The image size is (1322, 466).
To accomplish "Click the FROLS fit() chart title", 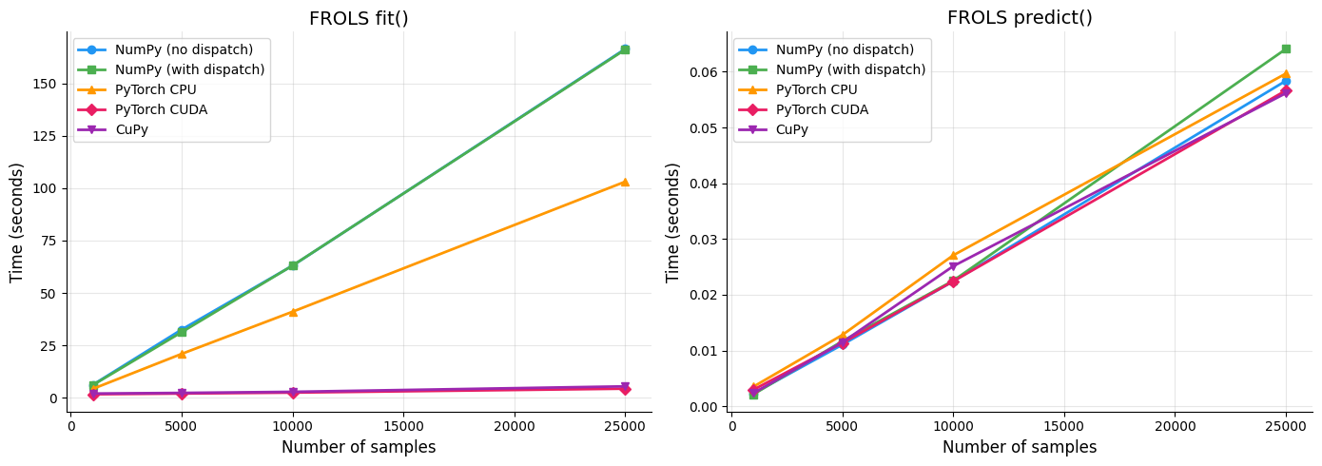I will click(x=359, y=18).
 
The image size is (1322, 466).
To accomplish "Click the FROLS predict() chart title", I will click(x=1020, y=18).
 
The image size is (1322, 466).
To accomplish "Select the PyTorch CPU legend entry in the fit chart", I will click(x=155, y=89).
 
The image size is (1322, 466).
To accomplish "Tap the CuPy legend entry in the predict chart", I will click(x=791, y=129).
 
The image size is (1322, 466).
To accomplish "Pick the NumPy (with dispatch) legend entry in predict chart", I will click(x=850, y=69).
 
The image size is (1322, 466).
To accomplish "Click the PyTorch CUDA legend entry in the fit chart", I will click(x=161, y=109).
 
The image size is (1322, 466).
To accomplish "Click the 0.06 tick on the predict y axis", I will click(x=703, y=72).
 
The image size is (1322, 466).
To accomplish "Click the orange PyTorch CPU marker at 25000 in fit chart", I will click(x=625, y=182).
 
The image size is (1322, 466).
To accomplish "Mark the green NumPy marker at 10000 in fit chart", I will click(x=293, y=265).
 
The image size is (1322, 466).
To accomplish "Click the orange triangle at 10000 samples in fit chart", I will click(x=293, y=312).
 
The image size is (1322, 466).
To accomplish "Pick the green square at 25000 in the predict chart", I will click(x=1286, y=49).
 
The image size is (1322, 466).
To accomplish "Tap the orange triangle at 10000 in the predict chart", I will click(x=953, y=256).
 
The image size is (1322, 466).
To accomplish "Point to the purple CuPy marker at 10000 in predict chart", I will click(x=953, y=267).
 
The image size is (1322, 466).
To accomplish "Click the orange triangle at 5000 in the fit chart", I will click(x=182, y=354).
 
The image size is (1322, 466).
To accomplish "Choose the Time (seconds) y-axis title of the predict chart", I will click(x=673, y=222).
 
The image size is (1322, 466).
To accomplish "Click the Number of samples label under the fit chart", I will click(x=359, y=447).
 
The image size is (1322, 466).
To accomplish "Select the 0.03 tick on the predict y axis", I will click(x=703, y=240).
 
